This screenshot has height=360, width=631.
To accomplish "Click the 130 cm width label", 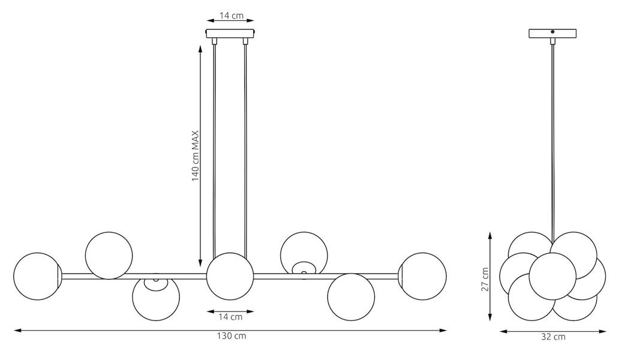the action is pyautogui.click(x=232, y=336).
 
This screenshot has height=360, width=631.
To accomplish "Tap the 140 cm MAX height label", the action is pyautogui.click(x=196, y=156).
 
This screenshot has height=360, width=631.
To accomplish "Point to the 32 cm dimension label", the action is pyautogui.click(x=553, y=337).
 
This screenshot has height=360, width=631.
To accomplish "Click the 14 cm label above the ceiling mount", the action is pyautogui.click(x=232, y=16).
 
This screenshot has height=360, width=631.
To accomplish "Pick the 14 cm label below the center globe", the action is pyautogui.click(x=230, y=317).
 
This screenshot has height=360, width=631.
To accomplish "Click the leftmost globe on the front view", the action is pyautogui.click(x=37, y=276).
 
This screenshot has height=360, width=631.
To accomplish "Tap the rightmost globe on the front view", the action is pyautogui.click(x=423, y=276).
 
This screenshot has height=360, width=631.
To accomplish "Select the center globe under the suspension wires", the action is pyautogui.click(x=230, y=276).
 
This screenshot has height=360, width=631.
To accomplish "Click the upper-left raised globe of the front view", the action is pyautogui.click(x=109, y=256).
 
